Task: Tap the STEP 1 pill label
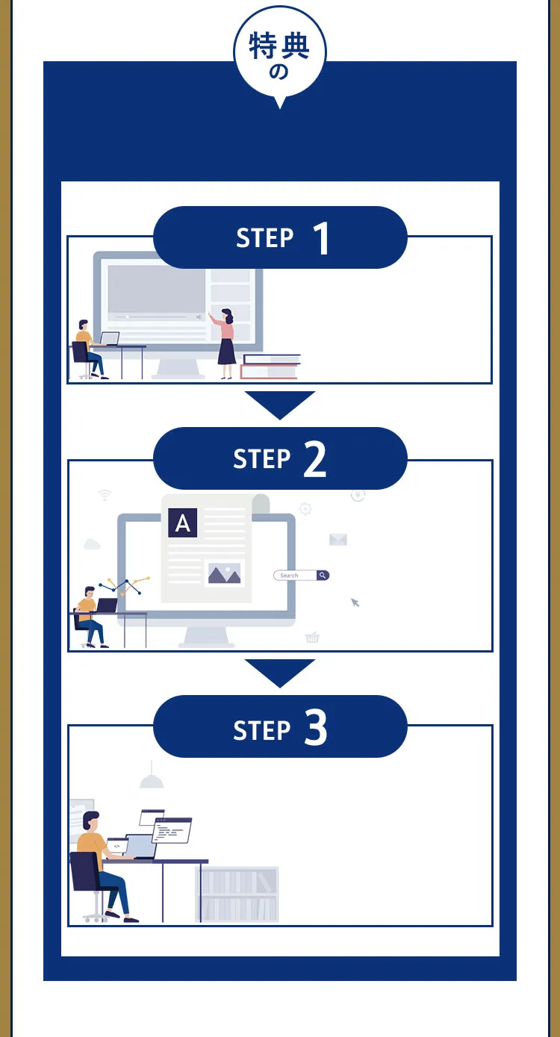pos(280,237)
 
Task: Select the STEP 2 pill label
pos(280,458)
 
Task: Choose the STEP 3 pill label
pos(280,726)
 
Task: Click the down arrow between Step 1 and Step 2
pos(280,405)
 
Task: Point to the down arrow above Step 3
pos(280,673)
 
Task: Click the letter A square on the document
pos(183,523)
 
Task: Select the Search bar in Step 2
pos(302,575)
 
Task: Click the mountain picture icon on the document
pos(225,573)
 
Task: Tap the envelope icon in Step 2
pos(337,539)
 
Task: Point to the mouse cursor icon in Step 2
pos(355,602)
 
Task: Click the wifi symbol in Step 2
pos(105,495)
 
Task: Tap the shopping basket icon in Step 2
pos(312,637)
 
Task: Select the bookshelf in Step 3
pos(237,894)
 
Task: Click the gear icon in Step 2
pos(305,508)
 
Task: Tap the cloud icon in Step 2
pos(92,544)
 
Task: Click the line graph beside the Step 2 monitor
pos(124,586)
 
